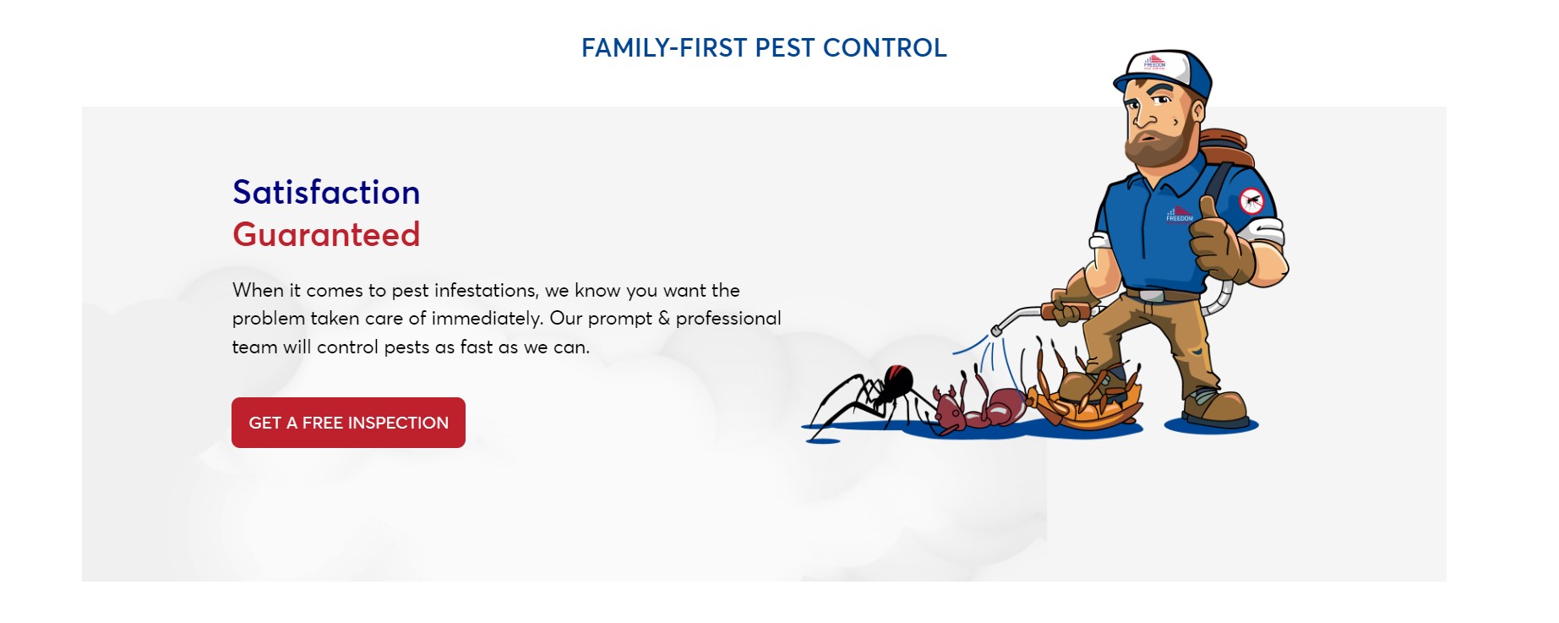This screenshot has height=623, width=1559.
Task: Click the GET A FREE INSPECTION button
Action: (x=348, y=423)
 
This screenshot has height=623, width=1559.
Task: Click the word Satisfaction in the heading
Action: (x=326, y=193)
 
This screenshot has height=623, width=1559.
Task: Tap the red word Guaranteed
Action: (x=326, y=235)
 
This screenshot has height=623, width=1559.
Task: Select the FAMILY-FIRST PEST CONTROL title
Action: (x=764, y=48)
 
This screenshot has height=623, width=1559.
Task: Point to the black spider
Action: (x=870, y=396)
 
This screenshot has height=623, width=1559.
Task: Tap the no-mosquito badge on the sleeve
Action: (x=1251, y=201)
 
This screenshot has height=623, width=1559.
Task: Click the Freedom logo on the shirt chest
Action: (x=1180, y=215)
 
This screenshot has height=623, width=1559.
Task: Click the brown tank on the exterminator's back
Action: (x=1225, y=149)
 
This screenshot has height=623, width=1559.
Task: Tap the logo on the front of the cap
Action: (x=1154, y=63)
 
